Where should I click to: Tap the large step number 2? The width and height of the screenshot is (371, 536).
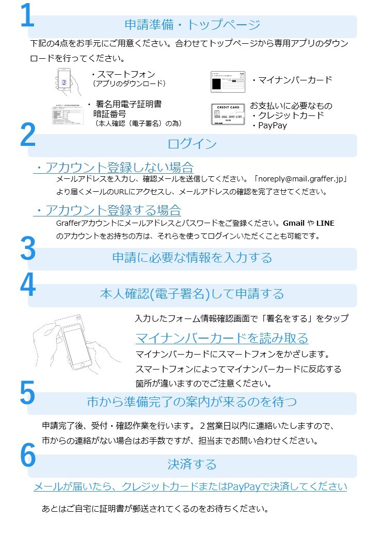click(x=27, y=135)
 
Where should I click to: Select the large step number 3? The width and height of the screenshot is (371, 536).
click(x=27, y=249)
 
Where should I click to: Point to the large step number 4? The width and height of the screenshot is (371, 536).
click(x=27, y=285)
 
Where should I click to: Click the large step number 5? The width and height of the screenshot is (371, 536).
click(x=27, y=393)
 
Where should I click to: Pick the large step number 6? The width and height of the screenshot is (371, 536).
click(x=27, y=455)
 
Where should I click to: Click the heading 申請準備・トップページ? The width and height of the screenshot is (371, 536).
click(x=192, y=25)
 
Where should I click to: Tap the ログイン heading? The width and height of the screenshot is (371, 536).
click(x=192, y=144)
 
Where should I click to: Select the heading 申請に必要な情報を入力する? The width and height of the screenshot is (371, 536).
click(x=192, y=258)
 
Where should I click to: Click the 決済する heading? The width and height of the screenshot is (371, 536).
click(x=192, y=464)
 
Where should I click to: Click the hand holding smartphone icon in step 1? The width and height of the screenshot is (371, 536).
click(x=69, y=81)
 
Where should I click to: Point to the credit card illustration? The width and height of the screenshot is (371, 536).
click(x=227, y=114)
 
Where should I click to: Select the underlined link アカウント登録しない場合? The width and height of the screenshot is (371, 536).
click(x=113, y=167)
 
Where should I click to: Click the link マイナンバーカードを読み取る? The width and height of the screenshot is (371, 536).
click(x=222, y=338)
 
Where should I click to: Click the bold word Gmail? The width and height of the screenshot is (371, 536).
click(x=294, y=223)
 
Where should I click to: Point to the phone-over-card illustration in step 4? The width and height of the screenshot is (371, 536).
click(x=77, y=343)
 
